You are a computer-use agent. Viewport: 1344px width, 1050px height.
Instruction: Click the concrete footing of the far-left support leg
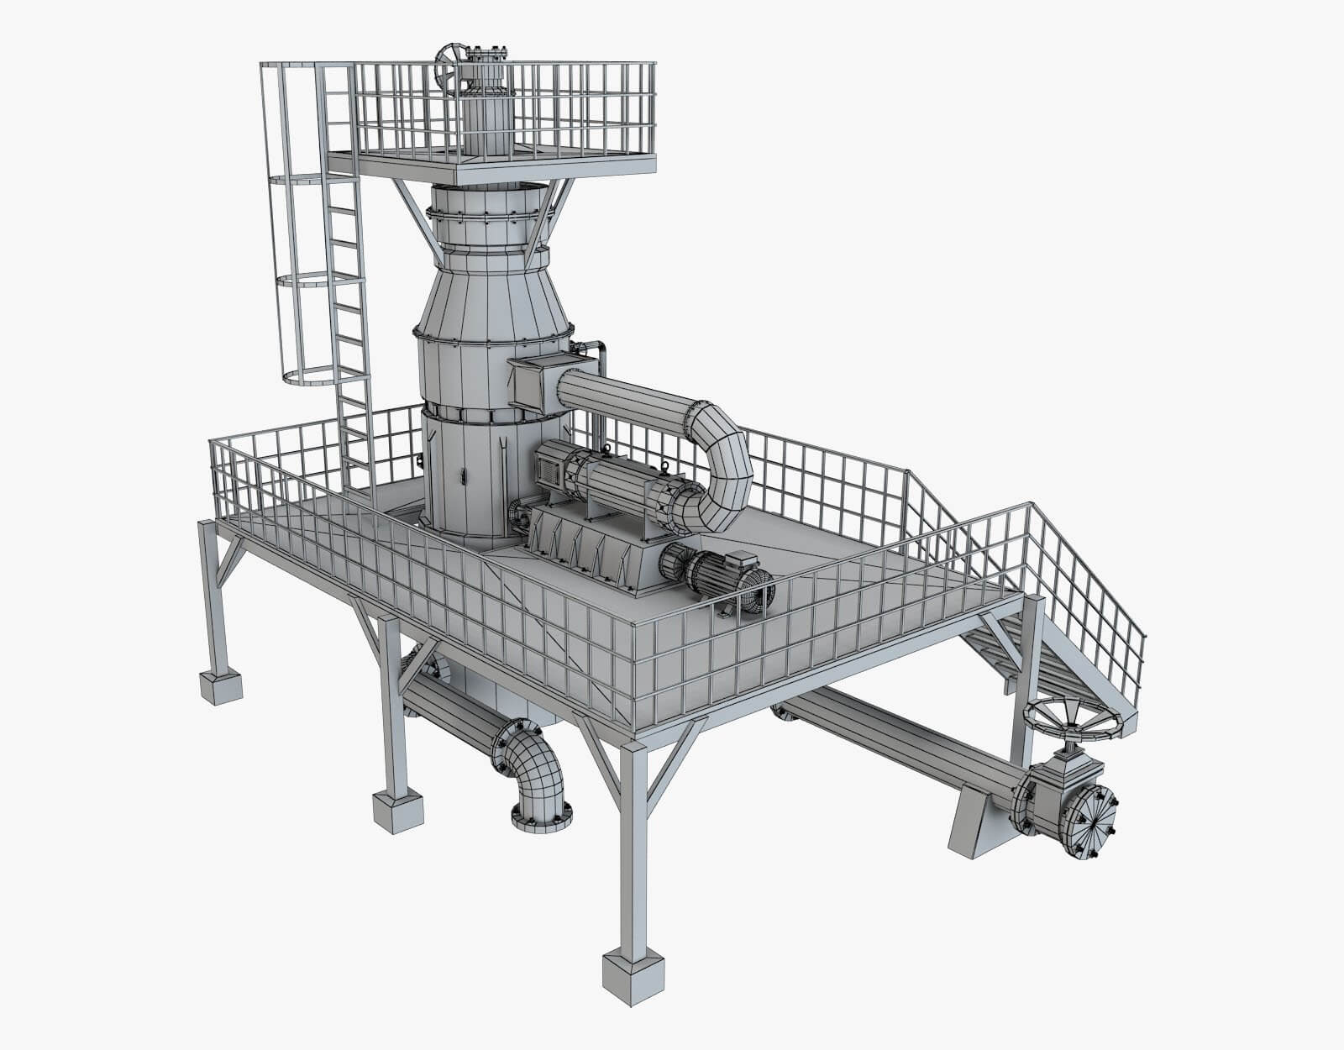[219, 686]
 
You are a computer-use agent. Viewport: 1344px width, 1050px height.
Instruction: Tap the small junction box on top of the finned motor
[741, 557]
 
